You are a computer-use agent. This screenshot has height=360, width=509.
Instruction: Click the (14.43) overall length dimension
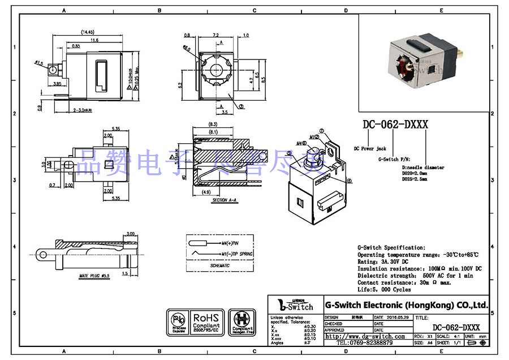pyautogui.click(x=87, y=32)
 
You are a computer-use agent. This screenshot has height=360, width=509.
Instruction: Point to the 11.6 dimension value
pyautogui.click(x=93, y=40)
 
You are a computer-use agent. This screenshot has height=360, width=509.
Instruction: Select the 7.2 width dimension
pyautogui.click(x=215, y=35)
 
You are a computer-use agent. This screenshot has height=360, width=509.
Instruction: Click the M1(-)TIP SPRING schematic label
pyautogui.click(x=238, y=254)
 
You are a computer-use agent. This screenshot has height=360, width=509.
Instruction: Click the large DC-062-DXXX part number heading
pyautogui.click(x=395, y=125)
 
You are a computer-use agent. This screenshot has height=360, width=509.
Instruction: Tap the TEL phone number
pyautogui.click(x=365, y=343)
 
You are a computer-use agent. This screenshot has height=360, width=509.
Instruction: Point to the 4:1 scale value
pyautogui.click(x=459, y=336)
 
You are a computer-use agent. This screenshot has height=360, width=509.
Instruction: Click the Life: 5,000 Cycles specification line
pyautogui.click(x=384, y=289)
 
